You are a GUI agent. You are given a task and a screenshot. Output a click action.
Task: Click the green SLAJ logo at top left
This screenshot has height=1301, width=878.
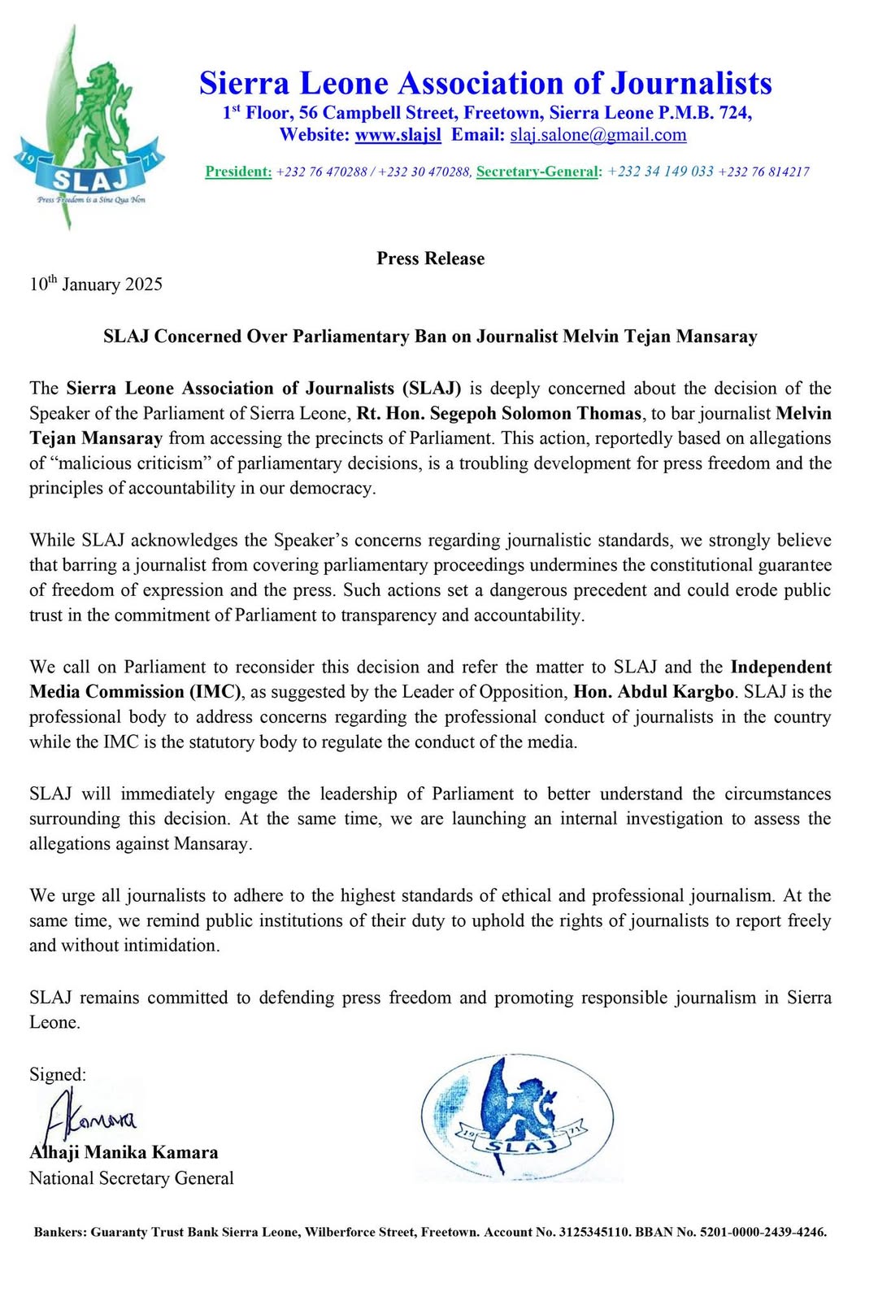point(89,130)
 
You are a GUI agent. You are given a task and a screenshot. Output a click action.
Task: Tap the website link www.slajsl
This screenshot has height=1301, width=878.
point(398,135)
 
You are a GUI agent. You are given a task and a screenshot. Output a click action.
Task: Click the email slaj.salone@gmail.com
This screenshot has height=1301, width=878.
point(598,135)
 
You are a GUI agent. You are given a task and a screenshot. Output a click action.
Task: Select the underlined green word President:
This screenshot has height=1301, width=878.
point(238,172)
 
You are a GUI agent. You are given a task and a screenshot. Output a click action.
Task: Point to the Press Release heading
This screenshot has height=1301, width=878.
point(430,259)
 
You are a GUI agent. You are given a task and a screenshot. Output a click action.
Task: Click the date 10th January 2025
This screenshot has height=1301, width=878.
point(96,284)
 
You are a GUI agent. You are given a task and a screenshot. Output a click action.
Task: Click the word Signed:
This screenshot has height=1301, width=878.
point(58,1074)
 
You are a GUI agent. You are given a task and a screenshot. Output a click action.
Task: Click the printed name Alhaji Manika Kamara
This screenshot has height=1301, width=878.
point(124,1152)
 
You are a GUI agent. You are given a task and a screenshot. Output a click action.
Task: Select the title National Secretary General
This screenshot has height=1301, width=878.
point(132,1178)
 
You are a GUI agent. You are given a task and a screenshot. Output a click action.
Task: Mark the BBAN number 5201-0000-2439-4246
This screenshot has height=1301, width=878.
point(760,1232)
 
